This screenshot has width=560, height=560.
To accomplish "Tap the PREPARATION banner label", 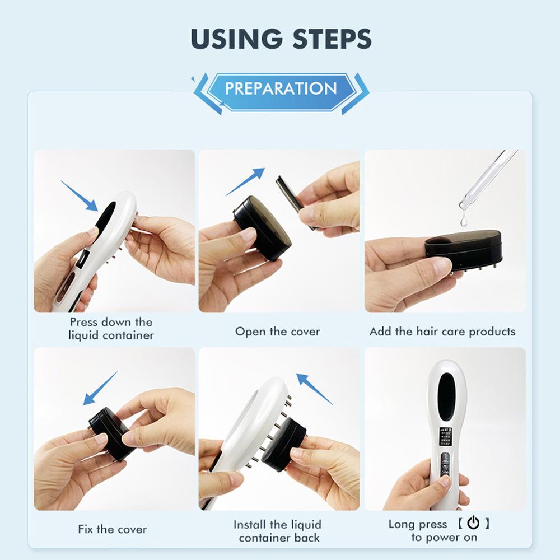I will click(281, 88).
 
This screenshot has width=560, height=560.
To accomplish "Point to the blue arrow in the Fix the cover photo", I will click(100, 388).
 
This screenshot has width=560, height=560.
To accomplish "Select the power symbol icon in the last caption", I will click(473, 524).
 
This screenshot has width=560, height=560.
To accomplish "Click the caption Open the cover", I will click(277, 332).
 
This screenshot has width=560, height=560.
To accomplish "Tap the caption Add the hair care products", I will click(442, 332).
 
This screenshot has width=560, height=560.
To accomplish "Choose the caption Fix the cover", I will click(113, 529).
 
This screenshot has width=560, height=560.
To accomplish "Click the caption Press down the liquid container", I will click(111, 329).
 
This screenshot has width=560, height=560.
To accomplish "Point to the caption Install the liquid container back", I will click(278, 531).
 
